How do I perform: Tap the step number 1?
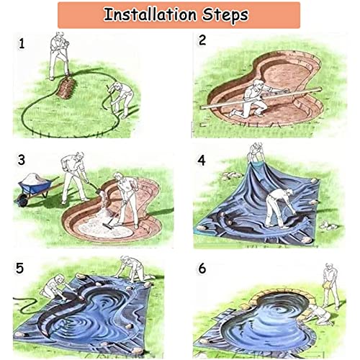pyautogui.click(x=22, y=44)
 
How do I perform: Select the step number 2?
pyautogui.click(x=202, y=41)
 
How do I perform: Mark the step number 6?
pyautogui.click(x=202, y=268)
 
